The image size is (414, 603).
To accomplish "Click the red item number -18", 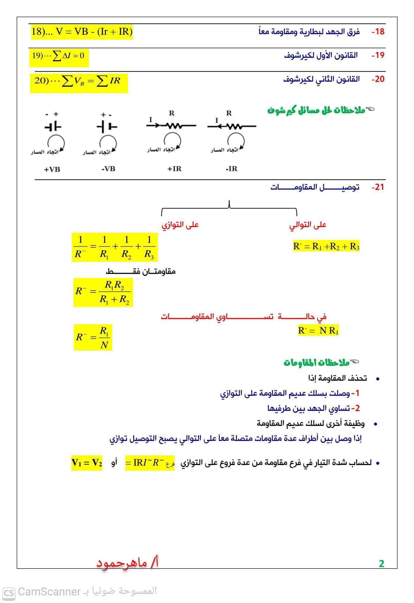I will pos(378,32).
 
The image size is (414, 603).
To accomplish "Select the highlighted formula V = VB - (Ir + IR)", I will pos(82,32).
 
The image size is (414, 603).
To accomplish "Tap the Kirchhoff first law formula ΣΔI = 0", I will pos(59,56).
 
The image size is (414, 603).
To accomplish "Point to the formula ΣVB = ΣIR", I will pos(78,81).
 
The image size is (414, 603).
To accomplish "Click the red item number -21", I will pos(378,187).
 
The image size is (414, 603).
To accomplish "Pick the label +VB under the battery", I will pos(52,170).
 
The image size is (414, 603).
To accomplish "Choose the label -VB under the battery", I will pos(108,169).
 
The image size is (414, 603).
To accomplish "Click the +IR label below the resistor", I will pos(174,169).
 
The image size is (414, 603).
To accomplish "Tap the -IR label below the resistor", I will pos(231,169).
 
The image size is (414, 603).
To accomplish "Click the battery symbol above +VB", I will pos(53,127).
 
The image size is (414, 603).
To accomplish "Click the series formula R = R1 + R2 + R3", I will pos(326,246).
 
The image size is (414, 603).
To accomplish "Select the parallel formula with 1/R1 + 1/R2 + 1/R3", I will pos(115,247).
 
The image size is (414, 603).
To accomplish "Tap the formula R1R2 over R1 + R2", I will pos(103,292).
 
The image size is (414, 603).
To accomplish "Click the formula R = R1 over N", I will pos(93,337).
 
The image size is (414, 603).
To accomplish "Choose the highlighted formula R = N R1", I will pos(318,331).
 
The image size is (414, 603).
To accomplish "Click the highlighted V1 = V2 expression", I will pos(87,463).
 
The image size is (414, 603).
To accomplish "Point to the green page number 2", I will pos(382,564).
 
